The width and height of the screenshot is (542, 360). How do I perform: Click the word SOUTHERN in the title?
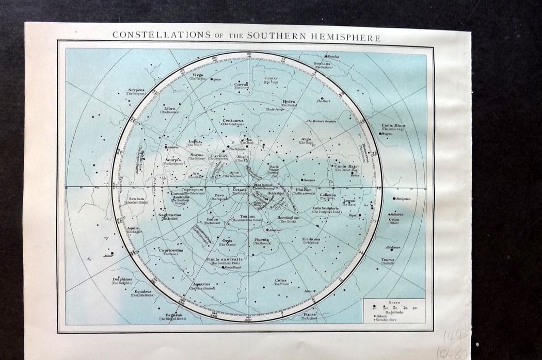283,37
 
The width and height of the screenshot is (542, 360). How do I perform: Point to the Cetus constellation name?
281,280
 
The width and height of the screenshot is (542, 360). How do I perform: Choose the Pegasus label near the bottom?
172,315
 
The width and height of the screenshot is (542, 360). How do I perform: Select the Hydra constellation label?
289,102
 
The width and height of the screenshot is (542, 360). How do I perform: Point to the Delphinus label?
122,279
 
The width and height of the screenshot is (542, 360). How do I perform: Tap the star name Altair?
107,255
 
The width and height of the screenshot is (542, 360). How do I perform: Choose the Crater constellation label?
271,78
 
